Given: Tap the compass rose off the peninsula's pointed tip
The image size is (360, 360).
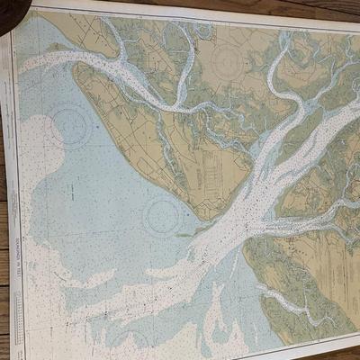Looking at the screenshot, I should [x=163, y=216].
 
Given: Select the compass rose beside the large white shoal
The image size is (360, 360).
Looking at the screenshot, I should [x=67, y=125].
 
